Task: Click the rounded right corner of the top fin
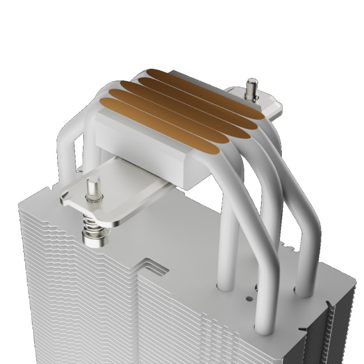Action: (x=352, y=280)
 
